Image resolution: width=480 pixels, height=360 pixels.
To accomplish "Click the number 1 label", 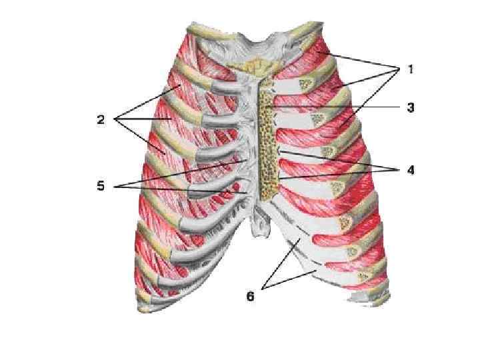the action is click(411, 69).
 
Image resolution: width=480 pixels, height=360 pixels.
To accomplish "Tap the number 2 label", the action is click(100, 120).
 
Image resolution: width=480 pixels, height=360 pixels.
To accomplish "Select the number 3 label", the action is click(411, 107).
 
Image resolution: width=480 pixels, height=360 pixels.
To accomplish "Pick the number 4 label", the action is click(411, 170).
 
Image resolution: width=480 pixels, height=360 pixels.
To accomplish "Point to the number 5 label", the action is click(101, 186).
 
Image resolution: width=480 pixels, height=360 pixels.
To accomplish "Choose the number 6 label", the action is click(250, 296).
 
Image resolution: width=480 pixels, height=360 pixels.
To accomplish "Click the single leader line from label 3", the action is click(333, 107).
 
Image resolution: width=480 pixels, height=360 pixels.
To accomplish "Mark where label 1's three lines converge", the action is click(398, 69).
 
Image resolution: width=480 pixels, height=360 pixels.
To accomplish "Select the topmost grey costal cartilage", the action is click(220, 87).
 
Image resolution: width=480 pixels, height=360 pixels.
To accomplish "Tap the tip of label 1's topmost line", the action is click(319, 51).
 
